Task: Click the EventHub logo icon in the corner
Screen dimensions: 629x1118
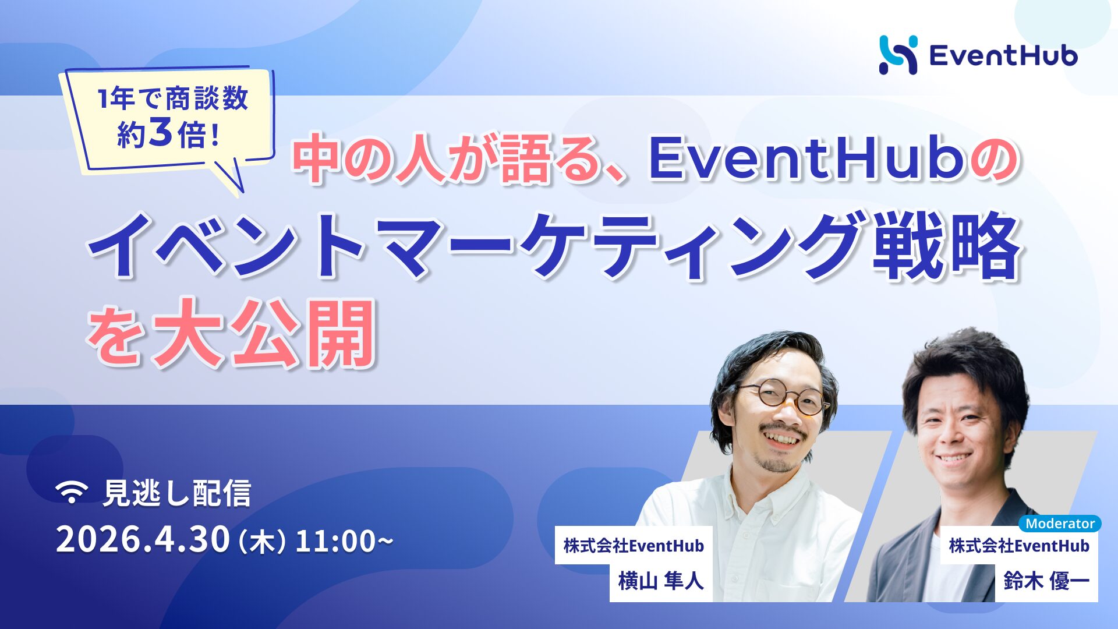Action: click(x=898, y=55)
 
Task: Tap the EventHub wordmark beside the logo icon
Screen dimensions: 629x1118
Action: click(x=1003, y=56)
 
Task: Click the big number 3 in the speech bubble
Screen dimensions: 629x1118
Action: click(x=161, y=133)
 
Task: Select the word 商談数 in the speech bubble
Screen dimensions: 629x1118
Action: click(x=207, y=98)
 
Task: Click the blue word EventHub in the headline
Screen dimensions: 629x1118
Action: click(x=806, y=159)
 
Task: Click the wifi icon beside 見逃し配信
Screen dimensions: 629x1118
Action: click(x=72, y=493)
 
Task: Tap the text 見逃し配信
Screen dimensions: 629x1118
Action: click(x=176, y=493)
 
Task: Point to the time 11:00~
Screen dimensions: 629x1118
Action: click(x=344, y=541)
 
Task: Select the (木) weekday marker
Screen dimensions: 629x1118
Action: click(x=263, y=542)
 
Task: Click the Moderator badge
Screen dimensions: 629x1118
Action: click(x=1059, y=523)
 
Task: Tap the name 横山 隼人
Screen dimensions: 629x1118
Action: click(x=660, y=581)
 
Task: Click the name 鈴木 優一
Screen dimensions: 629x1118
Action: click(x=1046, y=581)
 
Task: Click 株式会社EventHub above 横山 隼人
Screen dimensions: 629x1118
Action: click(x=634, y=546)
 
